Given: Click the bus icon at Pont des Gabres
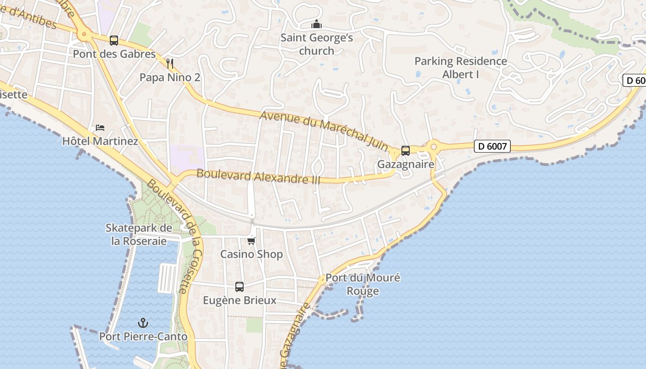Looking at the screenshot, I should coord(114,41).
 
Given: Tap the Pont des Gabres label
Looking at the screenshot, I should coord(114,54).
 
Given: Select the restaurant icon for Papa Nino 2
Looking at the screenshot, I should coord(170,64).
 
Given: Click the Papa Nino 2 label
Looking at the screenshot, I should coord(170,77).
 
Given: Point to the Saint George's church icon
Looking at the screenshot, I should coord(317,24).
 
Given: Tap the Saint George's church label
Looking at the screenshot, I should coord(317,44).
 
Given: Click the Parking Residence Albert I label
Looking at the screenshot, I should coord(461,68).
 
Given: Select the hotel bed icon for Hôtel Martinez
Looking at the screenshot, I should coord(100,127).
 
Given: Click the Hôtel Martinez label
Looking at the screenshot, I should coord(100,141).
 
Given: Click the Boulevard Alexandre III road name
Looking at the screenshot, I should coord(258,177).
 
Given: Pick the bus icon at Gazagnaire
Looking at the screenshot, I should coord(406,151).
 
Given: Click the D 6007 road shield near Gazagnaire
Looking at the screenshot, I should coord(492,147).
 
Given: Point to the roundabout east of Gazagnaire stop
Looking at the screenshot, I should coord(433,148).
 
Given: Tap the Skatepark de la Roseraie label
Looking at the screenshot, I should coord(139,234).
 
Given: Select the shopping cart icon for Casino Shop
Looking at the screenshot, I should coord(251,241).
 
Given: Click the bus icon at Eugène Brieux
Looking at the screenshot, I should coord(239,287).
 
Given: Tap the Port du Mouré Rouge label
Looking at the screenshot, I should coord(363,285).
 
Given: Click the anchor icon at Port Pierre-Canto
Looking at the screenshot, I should coord(144,323).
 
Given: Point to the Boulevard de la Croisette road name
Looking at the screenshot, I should coord(175,235).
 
